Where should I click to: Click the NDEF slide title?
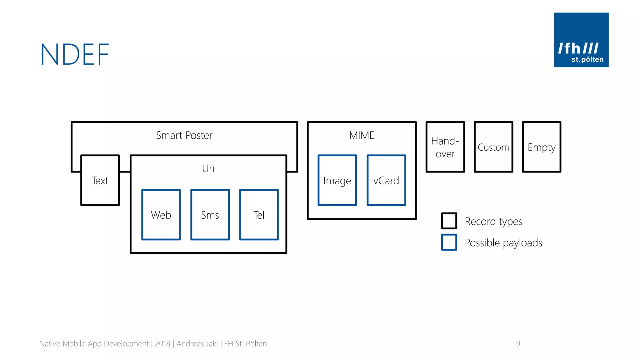pyautogui.click(x=75, y=54)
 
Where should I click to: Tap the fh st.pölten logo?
pyautogui.click(x=581, y=40)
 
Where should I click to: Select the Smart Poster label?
pyautogui.click(x=184, y=135)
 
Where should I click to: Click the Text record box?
pyautogui.click(x=100, y=180)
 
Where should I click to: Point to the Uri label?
pyautogui.click(x=208, y=169)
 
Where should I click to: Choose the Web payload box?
pyautogui.click(x=161, y=215)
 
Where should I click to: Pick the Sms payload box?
pyautogui.click(x=210, y=215)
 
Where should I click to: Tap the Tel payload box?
pyautogui.click(x=259, y=215)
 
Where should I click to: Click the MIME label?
pyautogui.click(x=362, y=135)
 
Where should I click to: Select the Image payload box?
pyautogui.click(x=337, y=180)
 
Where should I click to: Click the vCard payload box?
pyautogui.click(x=386, y=180)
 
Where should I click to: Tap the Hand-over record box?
pyautogui.click(x=445, y=147)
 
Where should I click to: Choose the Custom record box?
pyautogui.click(x=493, y=147)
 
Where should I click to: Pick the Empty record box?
pyautogui.click(x=542, y=147)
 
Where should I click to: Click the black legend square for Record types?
pyautogui.click(x=449, y=221)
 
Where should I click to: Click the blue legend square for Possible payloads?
pyautogui.click(x=449, y=242)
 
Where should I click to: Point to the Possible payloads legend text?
pyautogui.click(x=503, y=243)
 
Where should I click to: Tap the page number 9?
pyautogui.click(x=518, y=343)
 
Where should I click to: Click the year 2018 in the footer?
pyautogui.click(x=162, y=344)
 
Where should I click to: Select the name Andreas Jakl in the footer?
pyautogui.click(x=197, y=344)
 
